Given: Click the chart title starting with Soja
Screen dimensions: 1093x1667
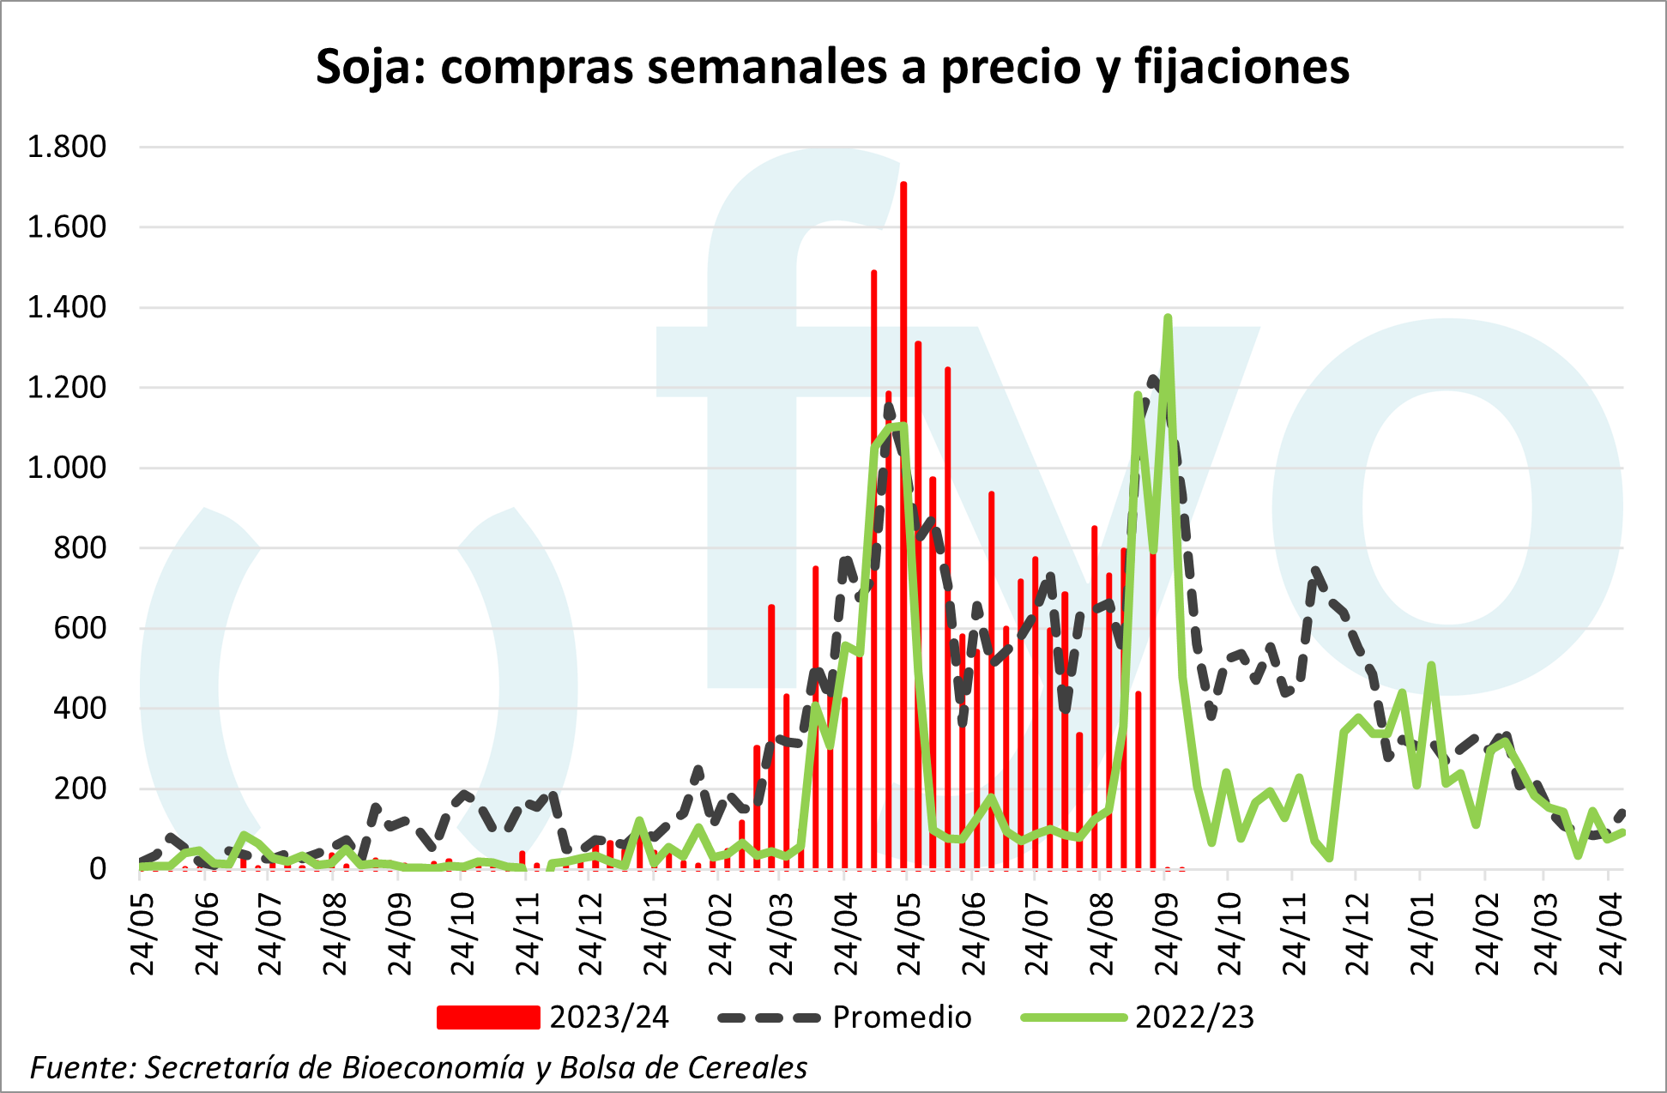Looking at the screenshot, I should tap(832, 67).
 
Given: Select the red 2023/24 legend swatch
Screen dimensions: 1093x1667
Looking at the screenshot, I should tap(488, 1018).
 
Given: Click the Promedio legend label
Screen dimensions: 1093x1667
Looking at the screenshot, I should tap(902, 1018).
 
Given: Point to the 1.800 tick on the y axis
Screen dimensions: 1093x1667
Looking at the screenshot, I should tap(67, 147).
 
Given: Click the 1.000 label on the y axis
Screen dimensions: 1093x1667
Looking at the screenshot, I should tap(67, 468).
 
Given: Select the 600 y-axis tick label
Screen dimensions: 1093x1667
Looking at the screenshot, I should tap(80, 628).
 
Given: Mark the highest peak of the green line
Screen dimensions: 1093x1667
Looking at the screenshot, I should tap(1168, 318).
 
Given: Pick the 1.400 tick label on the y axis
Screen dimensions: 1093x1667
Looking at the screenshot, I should tap(67, 307).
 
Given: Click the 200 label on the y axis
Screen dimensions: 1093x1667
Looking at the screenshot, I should tap(80, 788).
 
